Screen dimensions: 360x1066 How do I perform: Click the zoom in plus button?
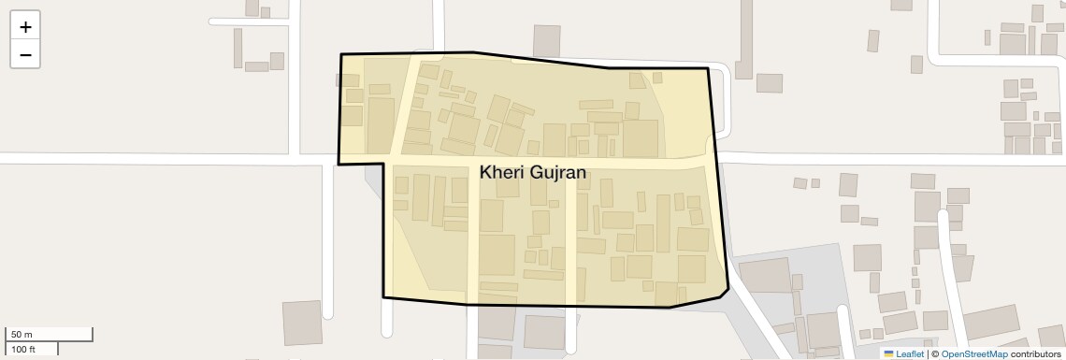click(25, 26)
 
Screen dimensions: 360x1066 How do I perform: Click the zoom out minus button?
click(25, 54)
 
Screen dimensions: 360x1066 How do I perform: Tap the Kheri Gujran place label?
click(532, 172)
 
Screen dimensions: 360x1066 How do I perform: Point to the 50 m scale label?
click(22, 335)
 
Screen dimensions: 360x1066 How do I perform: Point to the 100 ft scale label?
click(23, 349)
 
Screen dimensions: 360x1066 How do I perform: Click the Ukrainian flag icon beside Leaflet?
click(888, 353)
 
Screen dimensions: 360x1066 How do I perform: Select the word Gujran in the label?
click(559, 172)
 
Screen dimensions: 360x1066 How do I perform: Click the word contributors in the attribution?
click(1035, 353)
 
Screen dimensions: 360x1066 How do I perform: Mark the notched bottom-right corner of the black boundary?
click(727, 289)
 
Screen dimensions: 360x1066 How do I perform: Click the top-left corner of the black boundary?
click(341, 55)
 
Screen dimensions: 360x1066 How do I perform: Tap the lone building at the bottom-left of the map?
click(302, 323)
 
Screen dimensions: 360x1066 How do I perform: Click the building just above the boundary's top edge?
click(546, 40)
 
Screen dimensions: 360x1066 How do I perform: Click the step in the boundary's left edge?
click(382, 164)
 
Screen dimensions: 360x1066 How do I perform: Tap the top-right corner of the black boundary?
click(708, 68)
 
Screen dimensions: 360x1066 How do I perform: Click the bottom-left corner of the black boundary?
click(383, 297)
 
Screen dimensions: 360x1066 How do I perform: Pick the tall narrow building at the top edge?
click(744, 37)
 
